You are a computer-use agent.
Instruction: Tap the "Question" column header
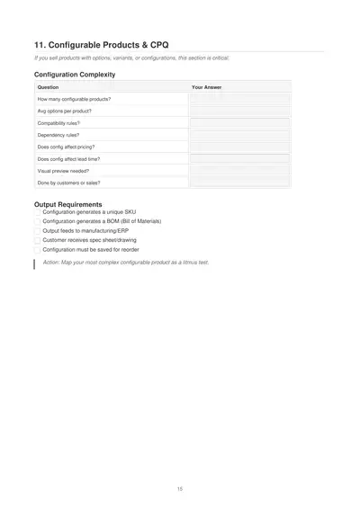coord(49,87)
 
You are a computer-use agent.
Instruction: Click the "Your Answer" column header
coord(207,87)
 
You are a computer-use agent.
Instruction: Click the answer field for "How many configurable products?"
coord(239,99)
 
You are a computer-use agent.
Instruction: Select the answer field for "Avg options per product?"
coord(239,111)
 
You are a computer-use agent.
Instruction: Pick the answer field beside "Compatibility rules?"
coord(239,123)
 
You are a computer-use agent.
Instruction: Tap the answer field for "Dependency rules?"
coord(239,135)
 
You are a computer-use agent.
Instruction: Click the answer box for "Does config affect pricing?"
coord(239,147)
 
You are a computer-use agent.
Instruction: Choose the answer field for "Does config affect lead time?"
coord(239,158)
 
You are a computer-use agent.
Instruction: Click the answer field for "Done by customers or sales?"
coord(239,183)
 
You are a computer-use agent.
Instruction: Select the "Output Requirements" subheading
coord(68,204)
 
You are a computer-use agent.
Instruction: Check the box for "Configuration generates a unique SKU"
coord(38,212)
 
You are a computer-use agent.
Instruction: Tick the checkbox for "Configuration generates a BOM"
coord(38,221)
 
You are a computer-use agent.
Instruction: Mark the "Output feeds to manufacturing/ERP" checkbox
coord(38,231)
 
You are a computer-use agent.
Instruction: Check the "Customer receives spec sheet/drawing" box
coord(38,240)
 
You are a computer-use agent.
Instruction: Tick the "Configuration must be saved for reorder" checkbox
coord(38,250)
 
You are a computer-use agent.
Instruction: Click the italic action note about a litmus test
coord(125,263)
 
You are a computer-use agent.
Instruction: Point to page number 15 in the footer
coord(180,488)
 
